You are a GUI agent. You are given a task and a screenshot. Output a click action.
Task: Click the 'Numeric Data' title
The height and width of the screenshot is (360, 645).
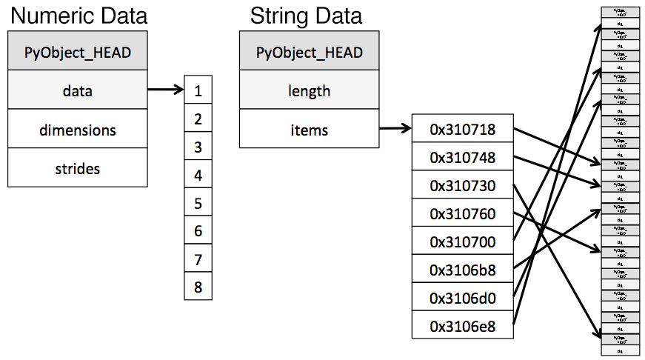[x=77, y=16]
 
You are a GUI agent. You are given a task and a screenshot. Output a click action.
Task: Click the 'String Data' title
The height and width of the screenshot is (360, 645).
[x=306, y=16]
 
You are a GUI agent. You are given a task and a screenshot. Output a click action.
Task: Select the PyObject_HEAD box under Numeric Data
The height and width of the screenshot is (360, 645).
[x=78, y=52]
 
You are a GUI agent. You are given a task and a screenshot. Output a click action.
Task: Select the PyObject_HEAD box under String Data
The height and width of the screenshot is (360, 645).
[x=310, y=52]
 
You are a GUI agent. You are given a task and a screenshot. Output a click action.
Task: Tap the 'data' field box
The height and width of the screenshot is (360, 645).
[x=78, y=91]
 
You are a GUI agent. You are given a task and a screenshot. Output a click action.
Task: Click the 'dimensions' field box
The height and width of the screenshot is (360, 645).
[x=78, y=130]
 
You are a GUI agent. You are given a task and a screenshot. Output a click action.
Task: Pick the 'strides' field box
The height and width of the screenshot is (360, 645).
[x=78, y=168]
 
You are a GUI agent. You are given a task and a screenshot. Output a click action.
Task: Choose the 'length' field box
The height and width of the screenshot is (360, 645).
[x=310, y=91]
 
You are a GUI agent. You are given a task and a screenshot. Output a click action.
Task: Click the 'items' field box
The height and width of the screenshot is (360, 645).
[x=310, y=130]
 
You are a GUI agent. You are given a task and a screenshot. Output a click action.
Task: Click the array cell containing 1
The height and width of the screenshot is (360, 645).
[x=198, y=91]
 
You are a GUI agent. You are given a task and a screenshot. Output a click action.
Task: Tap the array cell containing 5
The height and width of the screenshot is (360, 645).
[x=198, y=203]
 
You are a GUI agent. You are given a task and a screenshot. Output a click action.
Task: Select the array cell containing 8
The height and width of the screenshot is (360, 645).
[x=198, y=287]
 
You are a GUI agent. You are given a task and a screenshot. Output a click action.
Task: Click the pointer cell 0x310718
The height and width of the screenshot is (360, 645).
[x=462, y=130]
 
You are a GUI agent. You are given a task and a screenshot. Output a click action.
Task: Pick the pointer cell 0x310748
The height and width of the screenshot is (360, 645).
[x=462, y=158]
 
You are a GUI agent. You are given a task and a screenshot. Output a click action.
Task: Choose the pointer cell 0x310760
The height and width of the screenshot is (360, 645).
[x=462, y=214]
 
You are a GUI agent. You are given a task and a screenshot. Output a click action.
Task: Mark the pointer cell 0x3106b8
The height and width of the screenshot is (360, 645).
[x=462, y=270]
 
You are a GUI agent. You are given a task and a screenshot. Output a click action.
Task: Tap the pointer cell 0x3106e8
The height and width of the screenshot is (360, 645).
[x=462, y=325]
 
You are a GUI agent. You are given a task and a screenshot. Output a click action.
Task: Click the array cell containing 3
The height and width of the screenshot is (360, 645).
[x=198, y=147]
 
